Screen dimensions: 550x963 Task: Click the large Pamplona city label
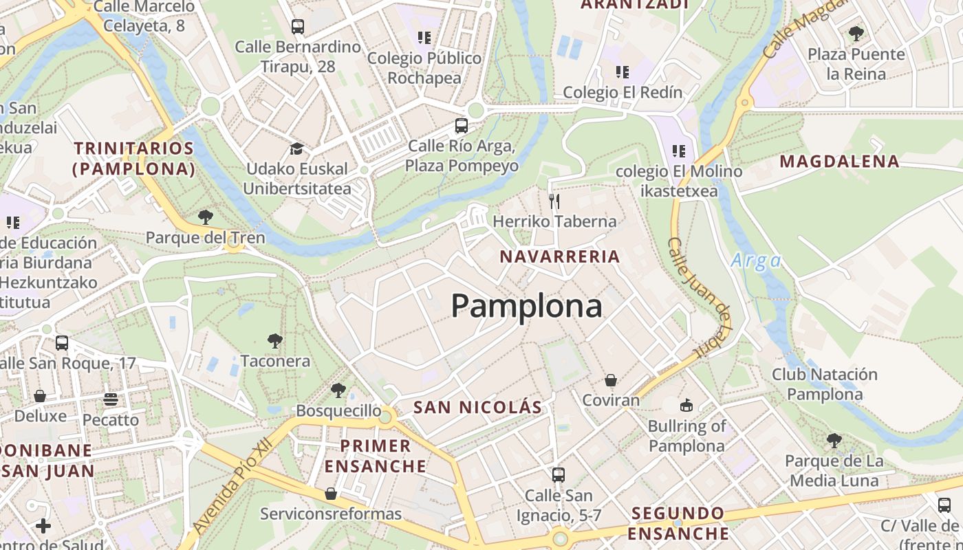click(x=526, y=306)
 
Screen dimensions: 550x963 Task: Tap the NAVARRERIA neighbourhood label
click(x=559, y=257)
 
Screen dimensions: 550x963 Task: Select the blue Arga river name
click(x=756, y=261)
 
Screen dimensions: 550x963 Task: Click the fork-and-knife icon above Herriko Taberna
click(x=554, y=201)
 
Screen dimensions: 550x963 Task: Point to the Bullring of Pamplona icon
click(x=686, y=405)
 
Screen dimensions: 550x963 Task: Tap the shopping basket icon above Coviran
click(x=610, y=380)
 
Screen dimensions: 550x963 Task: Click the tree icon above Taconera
click(x=275, y=341)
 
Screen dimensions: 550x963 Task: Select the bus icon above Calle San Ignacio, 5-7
click(x=559, y=474)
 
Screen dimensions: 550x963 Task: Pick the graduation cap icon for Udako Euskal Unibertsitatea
click(x=296, y=149)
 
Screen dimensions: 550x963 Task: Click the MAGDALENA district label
click(x=838, y=162)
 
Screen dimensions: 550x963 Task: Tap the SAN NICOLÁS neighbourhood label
click(x=477, y=407)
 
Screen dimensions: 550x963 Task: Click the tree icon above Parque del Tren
click(x=205, y=218)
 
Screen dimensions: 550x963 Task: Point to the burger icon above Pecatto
click(x=111, y=399)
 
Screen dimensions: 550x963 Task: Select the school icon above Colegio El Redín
click(x=623, y=72)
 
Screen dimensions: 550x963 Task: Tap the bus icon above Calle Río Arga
click(x=461, y=126)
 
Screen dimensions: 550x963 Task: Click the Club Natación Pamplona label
click(x=824, y=384)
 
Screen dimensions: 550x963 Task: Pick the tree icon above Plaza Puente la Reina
click(x=856, y=34)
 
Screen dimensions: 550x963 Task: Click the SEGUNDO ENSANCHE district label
click(x=679, y=523)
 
